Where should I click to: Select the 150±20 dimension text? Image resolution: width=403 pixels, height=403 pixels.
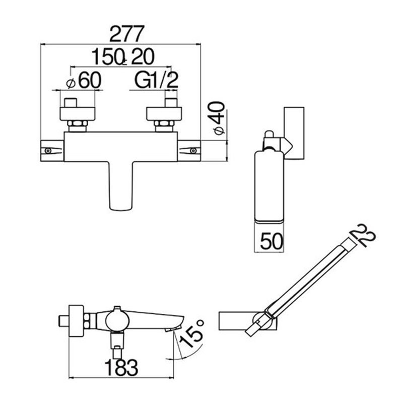[x=123, y=57]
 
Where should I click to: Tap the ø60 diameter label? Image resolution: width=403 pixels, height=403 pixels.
[x=84, y=80]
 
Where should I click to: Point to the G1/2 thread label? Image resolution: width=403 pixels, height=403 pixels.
[x=156, y=80]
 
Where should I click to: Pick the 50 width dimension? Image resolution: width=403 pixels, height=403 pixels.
[x=272, y=241]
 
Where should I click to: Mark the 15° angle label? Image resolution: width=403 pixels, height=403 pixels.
[x=192, y=333]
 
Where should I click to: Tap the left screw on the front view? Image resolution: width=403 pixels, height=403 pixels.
[x=48, y=151]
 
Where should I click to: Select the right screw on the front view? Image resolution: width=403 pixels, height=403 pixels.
[x=193, y=151]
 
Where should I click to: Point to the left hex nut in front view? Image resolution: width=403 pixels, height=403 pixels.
[x=77, y=126]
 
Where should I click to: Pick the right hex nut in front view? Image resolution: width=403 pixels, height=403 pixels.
[x=164, y=126]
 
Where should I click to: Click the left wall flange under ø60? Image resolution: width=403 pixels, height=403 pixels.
[x=78, y=114]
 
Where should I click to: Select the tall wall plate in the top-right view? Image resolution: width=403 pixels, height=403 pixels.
[x=294, y=133]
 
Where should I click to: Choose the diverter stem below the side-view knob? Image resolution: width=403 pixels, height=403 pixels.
[x=117, y=345]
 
